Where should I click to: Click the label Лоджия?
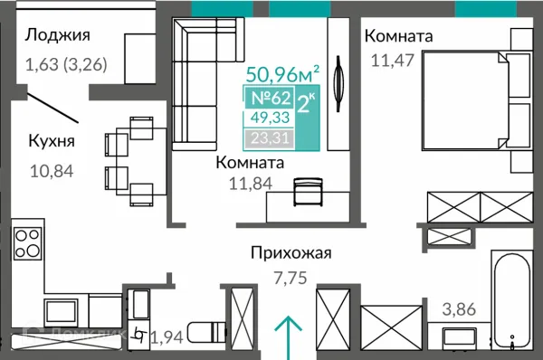point(58,36)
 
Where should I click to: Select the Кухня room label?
point(51,141)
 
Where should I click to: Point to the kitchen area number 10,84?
point(51,169)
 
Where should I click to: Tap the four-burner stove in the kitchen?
point(26,242)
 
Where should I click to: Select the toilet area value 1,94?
point(165,337)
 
